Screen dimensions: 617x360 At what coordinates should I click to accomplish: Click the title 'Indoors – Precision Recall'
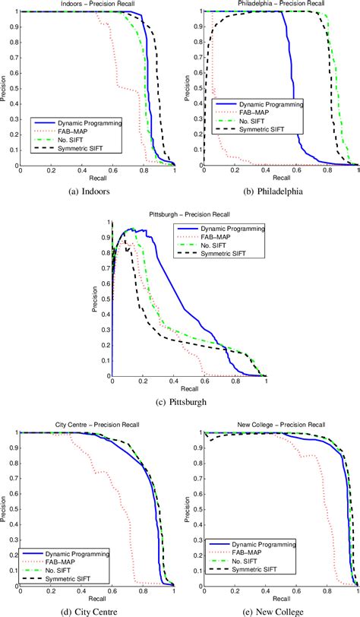pyautogui.click(x=96, y=5)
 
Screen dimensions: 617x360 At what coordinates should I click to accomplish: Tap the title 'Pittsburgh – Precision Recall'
pyautogui.click(x=189, y=216)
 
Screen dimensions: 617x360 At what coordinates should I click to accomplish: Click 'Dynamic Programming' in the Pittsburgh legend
pyautogui.click(x=227, y=229)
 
